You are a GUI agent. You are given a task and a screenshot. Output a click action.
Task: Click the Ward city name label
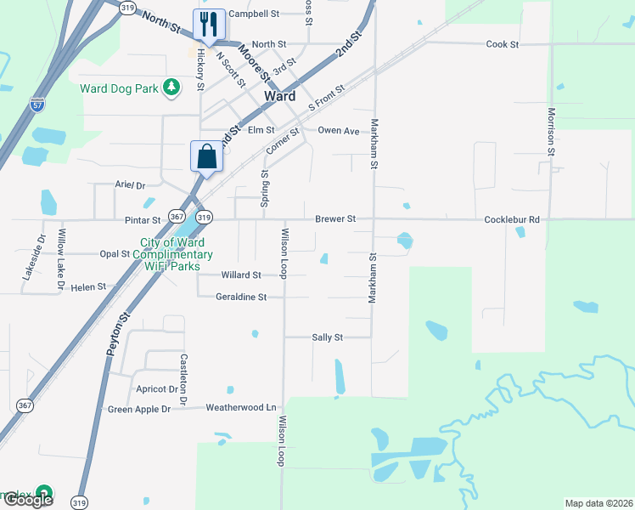coord(280,96)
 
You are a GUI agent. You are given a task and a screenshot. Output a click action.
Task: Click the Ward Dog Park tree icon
coord(171,87)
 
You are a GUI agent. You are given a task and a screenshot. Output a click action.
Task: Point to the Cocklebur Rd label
coord(512,219)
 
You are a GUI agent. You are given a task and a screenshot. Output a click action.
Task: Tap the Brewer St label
coord(335,219)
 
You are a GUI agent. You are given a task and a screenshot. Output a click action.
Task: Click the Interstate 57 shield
coord(37,105)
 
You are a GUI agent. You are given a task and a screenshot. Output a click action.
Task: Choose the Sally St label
coord(327,337)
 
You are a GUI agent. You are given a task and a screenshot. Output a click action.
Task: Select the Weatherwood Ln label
coord(241,408)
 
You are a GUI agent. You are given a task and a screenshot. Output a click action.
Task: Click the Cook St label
coord(502,43)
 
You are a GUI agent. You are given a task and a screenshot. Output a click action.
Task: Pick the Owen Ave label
coord(339,131)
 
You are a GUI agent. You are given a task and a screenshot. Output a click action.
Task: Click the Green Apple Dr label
coord(139,409)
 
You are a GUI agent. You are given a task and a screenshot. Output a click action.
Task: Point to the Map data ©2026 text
coord(598,503)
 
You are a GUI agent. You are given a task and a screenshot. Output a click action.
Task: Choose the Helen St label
coord(88,287)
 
